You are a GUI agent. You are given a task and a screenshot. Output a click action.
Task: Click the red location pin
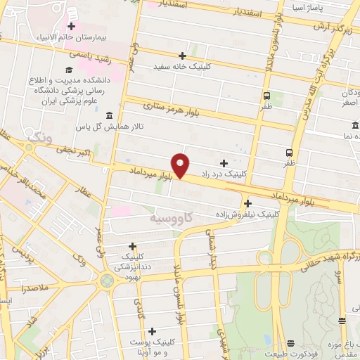[181, 165]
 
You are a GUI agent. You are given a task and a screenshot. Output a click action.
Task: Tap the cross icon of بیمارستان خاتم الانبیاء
[71, 26]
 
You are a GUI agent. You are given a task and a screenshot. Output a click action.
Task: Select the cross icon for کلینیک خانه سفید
[182, 55]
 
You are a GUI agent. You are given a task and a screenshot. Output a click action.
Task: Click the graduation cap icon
[69, 70]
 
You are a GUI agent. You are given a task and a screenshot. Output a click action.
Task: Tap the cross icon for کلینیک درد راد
[224, 162]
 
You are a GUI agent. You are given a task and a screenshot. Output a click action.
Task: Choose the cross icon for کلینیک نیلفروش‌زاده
[248, 203]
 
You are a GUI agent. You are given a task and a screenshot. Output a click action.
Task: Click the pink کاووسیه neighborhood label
[169, 219]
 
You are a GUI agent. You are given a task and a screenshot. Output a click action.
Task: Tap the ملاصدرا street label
[33, 289]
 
